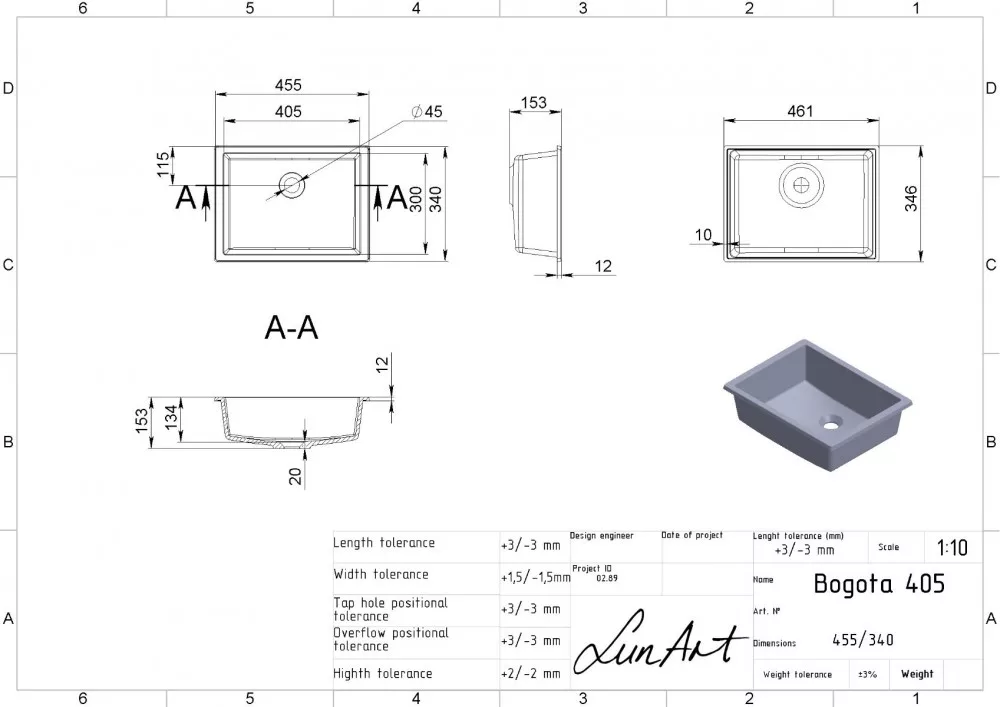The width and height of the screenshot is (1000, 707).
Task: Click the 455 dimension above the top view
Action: coord(288,85)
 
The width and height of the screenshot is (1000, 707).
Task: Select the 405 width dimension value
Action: coord(288,112)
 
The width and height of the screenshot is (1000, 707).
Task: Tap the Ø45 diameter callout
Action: coord(427,112)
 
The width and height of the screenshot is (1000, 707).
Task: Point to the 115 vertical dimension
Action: coord(163,164)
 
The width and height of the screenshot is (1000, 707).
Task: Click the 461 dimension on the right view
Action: coord(800,111)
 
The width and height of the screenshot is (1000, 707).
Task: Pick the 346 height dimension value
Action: coord(911,198)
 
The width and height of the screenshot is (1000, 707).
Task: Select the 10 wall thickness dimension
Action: coord(703,235)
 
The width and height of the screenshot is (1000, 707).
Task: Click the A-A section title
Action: coord(291,328)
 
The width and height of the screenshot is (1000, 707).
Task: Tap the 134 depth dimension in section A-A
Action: coord(171,417)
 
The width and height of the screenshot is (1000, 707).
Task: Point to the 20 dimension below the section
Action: coord(295,476)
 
